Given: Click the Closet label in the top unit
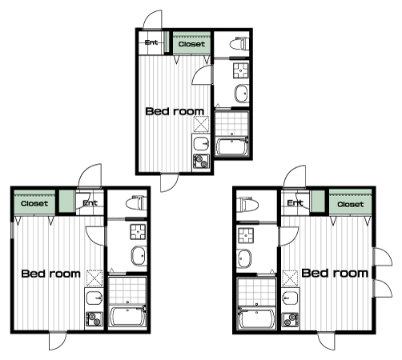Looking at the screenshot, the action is [x=191, y=44].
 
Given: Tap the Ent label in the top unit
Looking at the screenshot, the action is [x=151, y=42].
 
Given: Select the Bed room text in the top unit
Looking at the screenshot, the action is [x=175, y=111].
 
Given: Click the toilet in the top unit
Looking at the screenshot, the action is [x=239, y=44].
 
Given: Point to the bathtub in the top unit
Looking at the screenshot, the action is [x=231, y=146].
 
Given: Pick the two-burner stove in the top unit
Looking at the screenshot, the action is [x=201, y=161].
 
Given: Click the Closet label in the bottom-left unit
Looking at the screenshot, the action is [x=34, y=204].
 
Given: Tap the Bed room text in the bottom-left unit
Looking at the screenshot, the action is [x=50, y=274].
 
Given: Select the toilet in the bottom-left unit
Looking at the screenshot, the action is [x=136, y=203].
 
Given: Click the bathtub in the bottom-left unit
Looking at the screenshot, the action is [x=127, y=316].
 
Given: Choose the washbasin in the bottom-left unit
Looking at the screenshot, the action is [x=139, y=256].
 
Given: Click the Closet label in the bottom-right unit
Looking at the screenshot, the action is [x=350, y=205].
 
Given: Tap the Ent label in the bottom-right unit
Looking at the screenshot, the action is [x=295, y=203].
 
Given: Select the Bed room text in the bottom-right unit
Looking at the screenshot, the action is [x=335, y=273].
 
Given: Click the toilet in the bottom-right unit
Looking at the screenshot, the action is [x=247, y=205].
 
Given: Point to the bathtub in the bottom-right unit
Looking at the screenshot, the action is [x=256, y=318].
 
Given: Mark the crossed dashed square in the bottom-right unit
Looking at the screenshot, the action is [x=290, y=278].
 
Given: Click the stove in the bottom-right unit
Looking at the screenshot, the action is [x=290, y=319].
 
